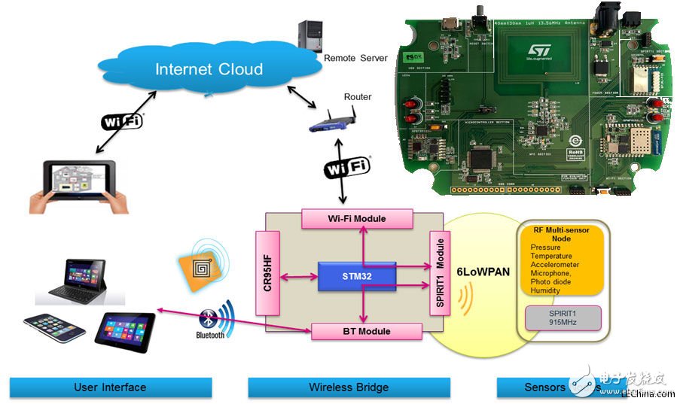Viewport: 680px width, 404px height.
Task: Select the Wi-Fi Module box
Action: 358,219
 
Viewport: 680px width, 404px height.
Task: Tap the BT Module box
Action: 366,331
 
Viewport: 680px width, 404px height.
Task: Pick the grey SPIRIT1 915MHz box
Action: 563,317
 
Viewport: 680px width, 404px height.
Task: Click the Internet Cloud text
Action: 209,70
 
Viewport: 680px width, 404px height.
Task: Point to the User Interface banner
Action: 110,387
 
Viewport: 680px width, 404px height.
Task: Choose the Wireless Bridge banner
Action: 349,387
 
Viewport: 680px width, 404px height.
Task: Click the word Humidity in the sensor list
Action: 544,290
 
